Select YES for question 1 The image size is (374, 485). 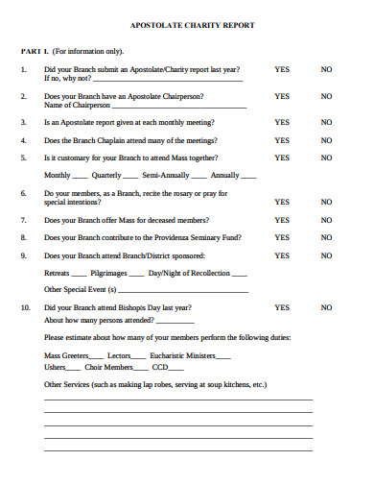[x=282, y=69]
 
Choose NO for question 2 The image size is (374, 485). [x=326, y=96]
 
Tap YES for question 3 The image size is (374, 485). [x=282, y=123]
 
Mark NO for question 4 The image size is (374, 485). [x=326, y=140]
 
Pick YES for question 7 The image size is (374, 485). [x=282, y=220]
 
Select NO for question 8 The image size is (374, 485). [x=326, y=237]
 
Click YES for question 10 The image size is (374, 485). [x=282, y=307]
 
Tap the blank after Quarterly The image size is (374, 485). [x=130, y=177]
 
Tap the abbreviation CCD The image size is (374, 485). [x=160, y=367]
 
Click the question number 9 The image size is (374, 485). [x=24, y=255]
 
